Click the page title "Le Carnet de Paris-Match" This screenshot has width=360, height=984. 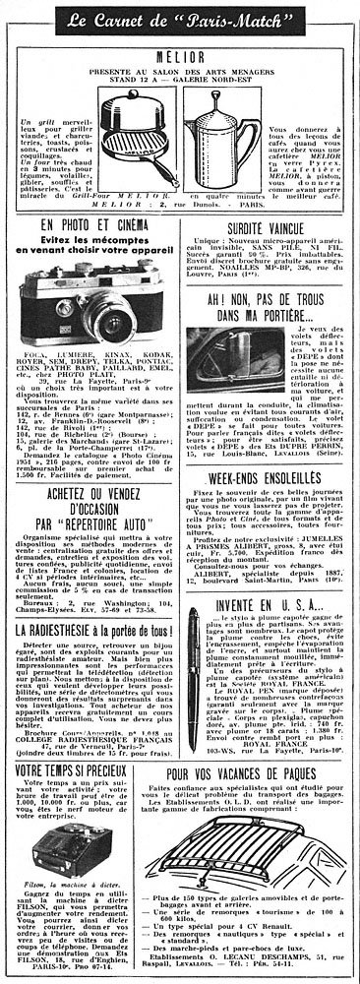pyautogui.click(x=181, y=18)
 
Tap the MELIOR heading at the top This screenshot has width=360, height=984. pyautogui.click(x=181, y=56)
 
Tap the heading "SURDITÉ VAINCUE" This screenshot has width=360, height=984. pyautogui.click(x=270, y=253)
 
